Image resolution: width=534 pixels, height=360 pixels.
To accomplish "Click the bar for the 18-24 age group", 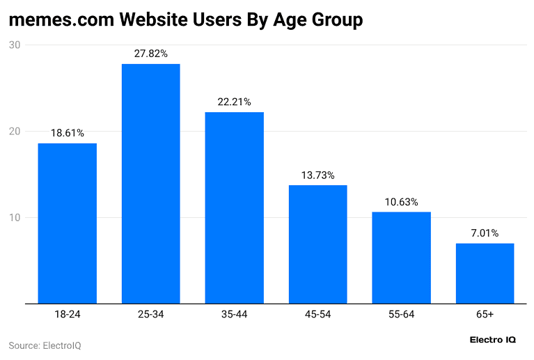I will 67,223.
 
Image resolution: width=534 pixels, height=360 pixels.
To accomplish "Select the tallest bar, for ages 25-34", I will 150,183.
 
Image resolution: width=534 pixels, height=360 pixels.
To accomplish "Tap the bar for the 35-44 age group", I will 234,208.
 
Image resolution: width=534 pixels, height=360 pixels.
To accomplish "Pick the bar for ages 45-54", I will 317,244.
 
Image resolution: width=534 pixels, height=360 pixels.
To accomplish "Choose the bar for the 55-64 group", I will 401,258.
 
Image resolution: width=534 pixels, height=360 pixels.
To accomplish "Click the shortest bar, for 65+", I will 485,273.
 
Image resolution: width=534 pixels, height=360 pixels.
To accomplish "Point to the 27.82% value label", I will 150,53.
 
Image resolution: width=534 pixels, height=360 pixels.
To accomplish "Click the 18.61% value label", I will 67,132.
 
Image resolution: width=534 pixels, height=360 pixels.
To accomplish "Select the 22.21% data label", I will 234,101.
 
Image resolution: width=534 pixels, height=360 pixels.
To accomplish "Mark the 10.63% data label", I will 401,201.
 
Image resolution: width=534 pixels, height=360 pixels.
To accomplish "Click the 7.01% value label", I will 485,233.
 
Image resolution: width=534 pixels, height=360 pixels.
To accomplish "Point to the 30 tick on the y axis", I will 15,45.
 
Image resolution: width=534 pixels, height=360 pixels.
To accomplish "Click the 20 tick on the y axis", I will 15,132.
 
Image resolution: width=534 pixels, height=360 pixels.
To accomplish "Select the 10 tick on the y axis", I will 15,218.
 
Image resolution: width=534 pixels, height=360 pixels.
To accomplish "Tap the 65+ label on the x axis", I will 485,315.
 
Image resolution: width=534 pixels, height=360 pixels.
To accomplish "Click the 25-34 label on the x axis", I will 150,315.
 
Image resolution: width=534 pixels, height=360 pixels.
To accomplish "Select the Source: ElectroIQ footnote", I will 45,345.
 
